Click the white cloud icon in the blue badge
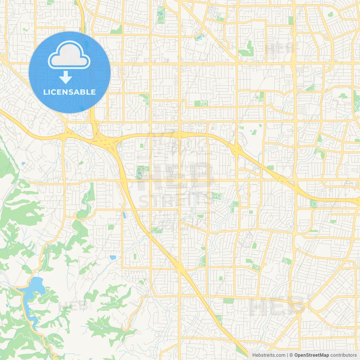[69, 56]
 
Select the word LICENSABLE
[69, 92]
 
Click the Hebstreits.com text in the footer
[269, 355]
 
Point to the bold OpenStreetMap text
[312, 355]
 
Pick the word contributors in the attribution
[343, 355]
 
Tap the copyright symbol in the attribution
[291, 355]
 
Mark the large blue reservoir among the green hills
[35, 287]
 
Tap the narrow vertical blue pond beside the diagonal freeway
[124, 215]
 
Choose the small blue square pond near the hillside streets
[113, 257]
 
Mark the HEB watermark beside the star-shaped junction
[277, 306]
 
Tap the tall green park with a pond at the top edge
[161, 15]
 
